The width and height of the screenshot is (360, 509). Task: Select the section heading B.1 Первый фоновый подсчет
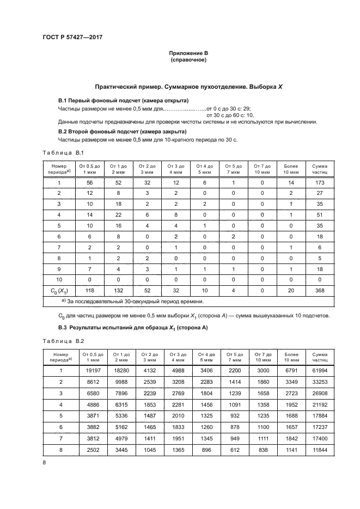click(x=123, y=101)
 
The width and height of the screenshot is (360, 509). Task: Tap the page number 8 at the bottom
click(x=44, y=462)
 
